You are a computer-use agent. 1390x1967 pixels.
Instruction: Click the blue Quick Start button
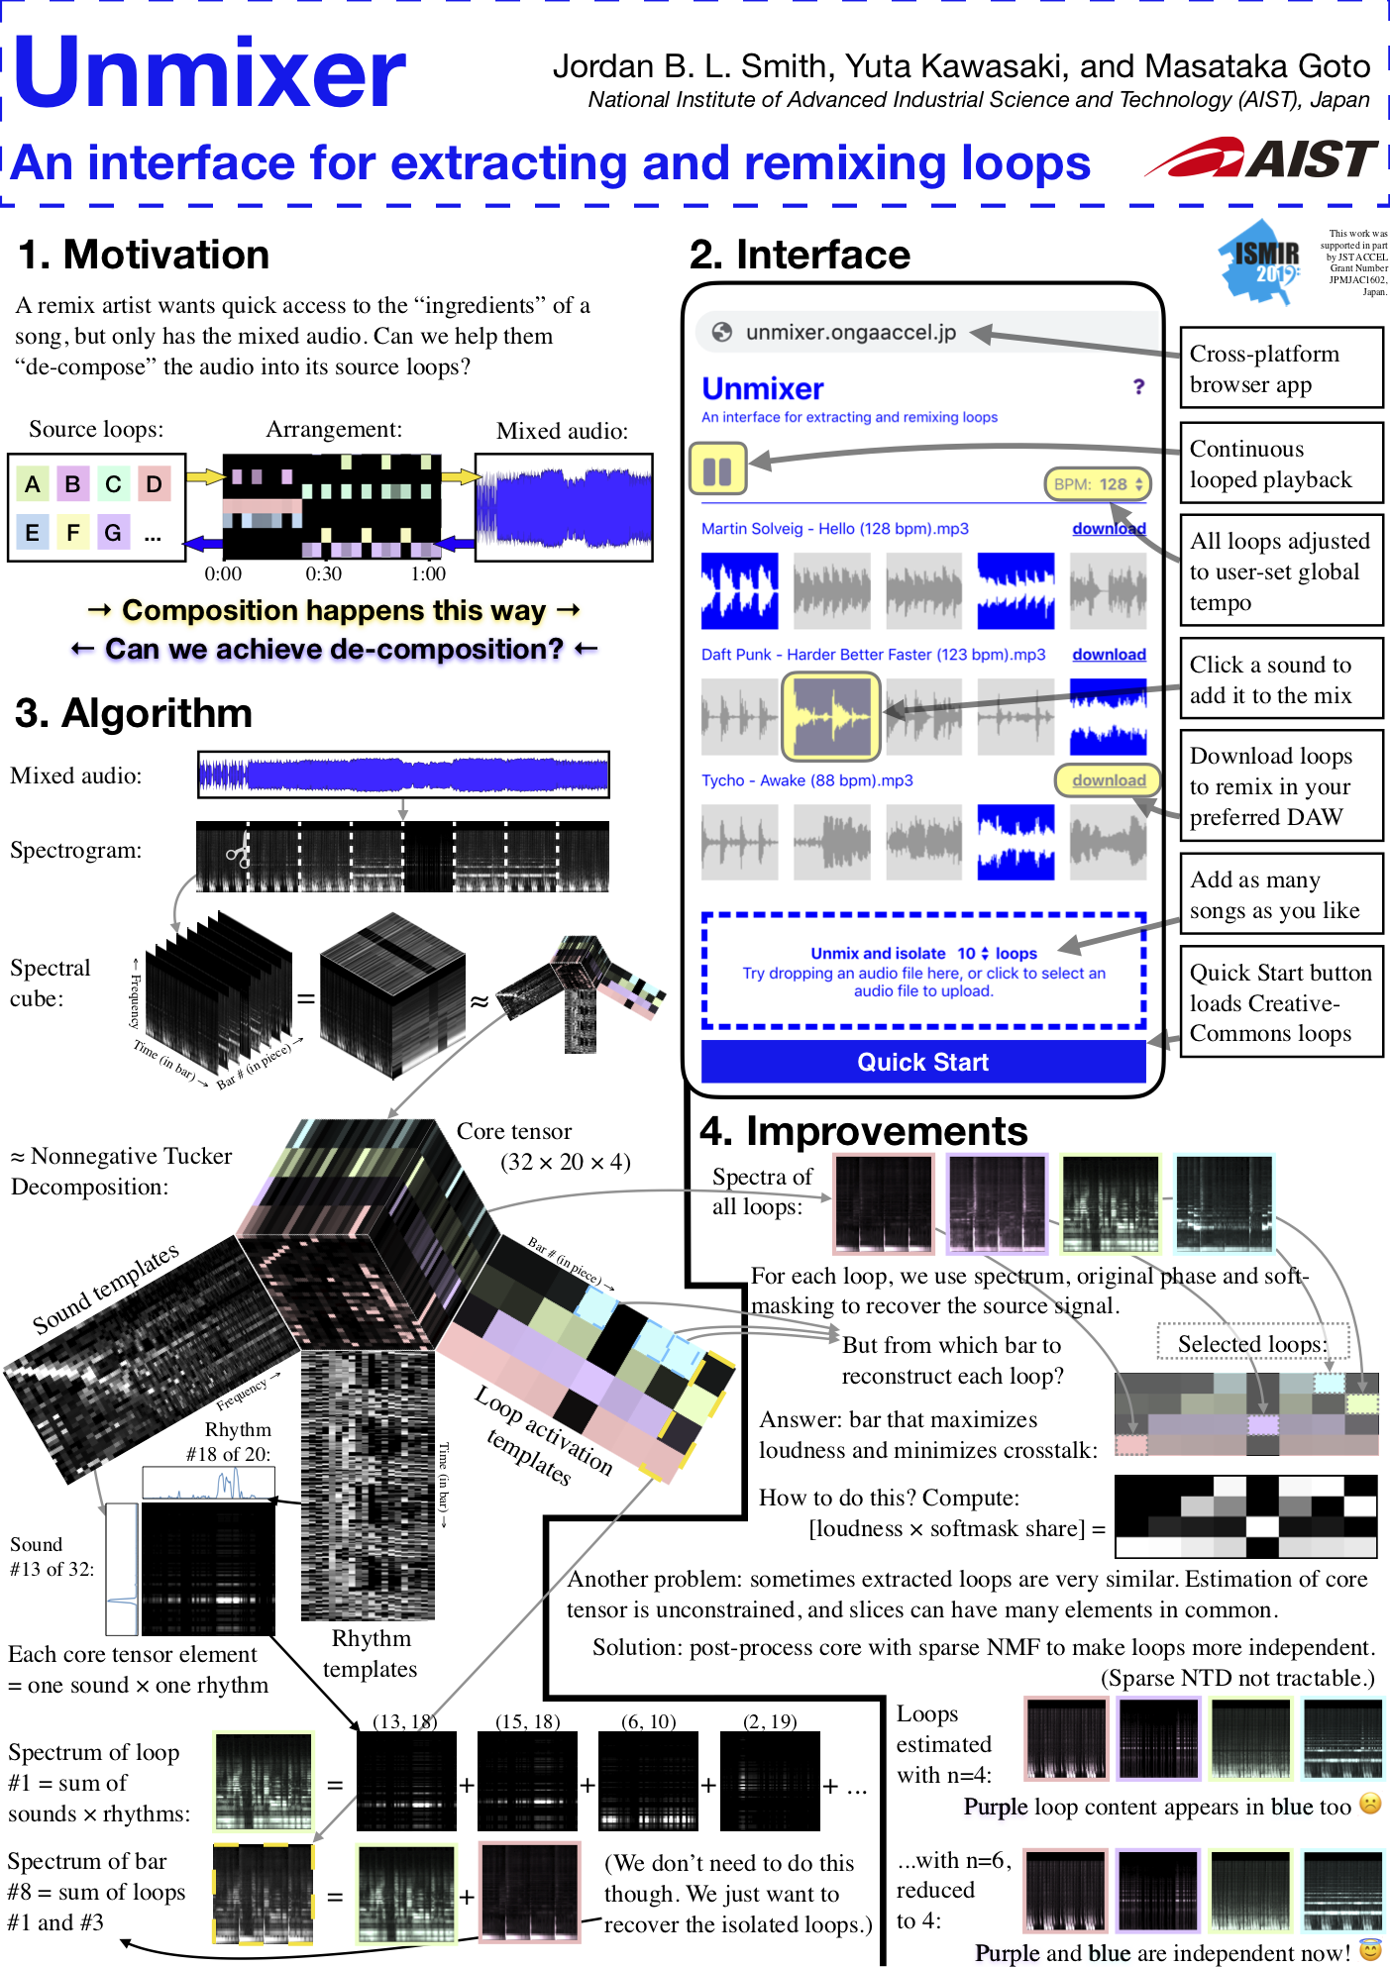(922, 1062)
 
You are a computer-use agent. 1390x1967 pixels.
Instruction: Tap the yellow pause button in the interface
(717, 470)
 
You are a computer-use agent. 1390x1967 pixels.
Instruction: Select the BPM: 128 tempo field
(1098, 484)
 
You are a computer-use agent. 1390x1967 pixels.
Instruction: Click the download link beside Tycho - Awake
(1108, 780)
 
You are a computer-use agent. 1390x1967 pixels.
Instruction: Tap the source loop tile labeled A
(33, 484)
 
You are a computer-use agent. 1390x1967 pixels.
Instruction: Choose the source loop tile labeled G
(113, 533)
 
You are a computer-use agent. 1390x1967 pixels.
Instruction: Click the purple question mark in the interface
(1138, 386)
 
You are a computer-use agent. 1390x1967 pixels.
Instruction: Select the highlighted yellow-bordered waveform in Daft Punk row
(831, 715)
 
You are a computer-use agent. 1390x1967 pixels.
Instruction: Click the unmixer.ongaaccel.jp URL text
(850, 333)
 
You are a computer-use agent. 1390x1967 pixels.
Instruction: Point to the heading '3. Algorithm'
(134, 713)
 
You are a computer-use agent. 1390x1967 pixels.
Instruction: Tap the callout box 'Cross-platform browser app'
(1280, 368)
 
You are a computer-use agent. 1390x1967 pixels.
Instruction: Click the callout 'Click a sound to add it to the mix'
(1280, 679)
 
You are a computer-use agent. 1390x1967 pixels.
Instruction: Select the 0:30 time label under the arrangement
(323, 573)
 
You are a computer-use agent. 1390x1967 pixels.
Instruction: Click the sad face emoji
(1370, 1804)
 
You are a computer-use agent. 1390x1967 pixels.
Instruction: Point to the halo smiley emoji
(1371, 1950)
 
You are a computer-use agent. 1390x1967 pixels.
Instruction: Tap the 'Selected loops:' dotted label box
(1253, 1343)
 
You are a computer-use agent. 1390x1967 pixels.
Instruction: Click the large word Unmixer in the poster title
(210, 72)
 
